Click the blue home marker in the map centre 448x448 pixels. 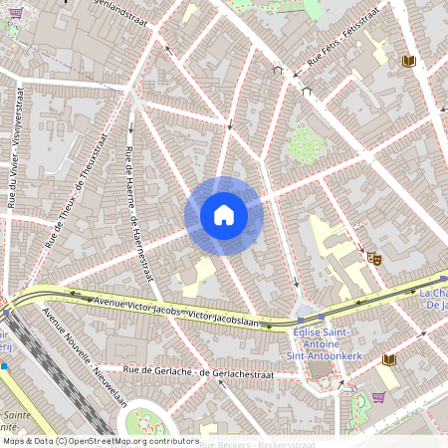(224, 215)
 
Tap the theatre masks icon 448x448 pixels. (375, 258)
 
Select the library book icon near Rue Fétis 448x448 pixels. (408, 62)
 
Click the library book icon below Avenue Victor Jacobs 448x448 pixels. (388, 359)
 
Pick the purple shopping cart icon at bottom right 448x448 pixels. (379, 396)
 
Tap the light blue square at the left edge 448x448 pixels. (4, 365)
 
